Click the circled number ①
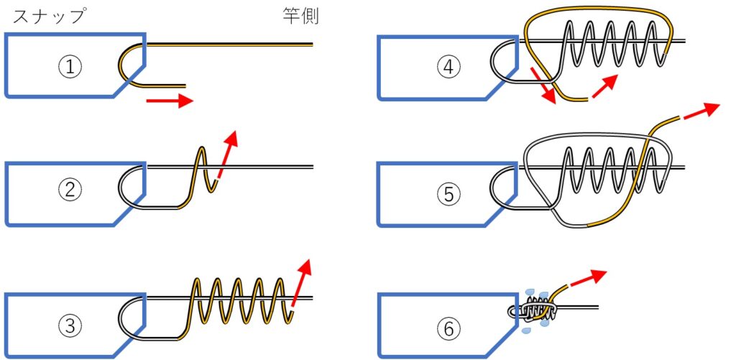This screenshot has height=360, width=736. (70, 67)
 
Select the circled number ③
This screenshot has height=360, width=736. (70, 326)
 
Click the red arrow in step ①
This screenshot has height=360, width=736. (170, 101)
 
